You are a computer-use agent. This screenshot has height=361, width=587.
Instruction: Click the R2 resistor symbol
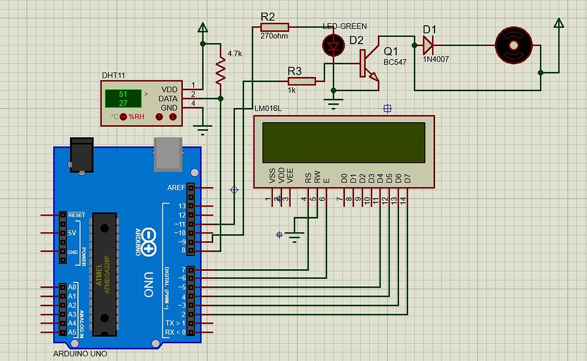tap(275, 26)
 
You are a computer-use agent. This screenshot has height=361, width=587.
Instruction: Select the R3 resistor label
tap(294, 71)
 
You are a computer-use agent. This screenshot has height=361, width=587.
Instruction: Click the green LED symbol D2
tap(333, 45)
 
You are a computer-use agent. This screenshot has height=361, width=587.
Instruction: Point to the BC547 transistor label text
tap(395, 62)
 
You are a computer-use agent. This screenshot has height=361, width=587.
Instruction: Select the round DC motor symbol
tap(514, 44)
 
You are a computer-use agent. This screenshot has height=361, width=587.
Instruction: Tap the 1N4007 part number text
tap(436, 58)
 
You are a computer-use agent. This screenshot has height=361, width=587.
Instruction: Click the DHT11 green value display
tap(123, 99)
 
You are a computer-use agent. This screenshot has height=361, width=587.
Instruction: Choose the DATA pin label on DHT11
tap(169, 99)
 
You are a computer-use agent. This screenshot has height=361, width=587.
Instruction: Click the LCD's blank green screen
tap(344, 142)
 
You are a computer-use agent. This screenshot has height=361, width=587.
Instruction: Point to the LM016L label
tap(268, 107)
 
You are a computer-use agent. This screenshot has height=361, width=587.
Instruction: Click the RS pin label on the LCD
tap(308, 178)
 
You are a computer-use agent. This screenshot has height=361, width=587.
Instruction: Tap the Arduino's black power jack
tap(80, 154)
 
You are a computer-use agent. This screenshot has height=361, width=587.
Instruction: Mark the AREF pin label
tap(176, 188)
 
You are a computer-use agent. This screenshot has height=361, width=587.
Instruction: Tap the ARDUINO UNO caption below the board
tap(80, 354)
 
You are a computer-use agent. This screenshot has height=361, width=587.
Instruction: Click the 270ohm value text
tap(274, 36)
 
